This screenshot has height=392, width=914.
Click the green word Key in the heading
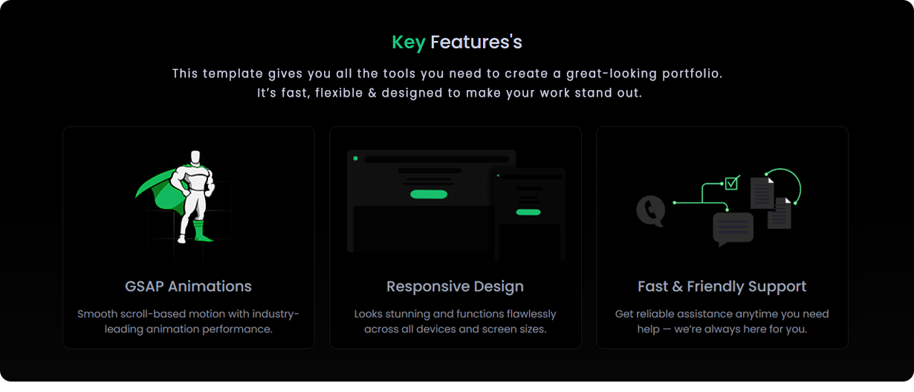[x=408, y=42]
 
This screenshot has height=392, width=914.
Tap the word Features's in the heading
[x=476, y=42]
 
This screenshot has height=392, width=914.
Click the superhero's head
[x=195, y=158]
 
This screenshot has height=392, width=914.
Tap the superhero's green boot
[x=199, y=230]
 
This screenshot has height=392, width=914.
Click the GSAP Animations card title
[x=188, y=286]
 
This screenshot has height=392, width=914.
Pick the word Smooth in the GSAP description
[x=97, y=314]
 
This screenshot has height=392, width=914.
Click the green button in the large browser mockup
[x=429, y=194]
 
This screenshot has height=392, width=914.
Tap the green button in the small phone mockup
[x=528, y=212]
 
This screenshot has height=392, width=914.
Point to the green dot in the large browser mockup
[x=356, y=158]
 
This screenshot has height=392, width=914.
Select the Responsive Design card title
[x=455, y=286]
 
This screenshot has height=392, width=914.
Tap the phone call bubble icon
[x=650, y=211]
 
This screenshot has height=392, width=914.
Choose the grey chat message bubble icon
[x=733, y=228]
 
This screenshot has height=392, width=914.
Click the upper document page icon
[x=762, y=193]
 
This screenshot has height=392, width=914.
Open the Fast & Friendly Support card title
[x=722, y=286]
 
